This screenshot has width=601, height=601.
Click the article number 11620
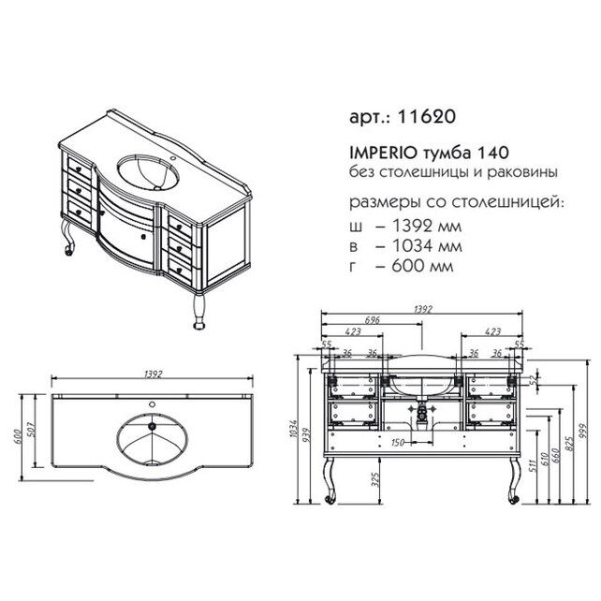[432, 118]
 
